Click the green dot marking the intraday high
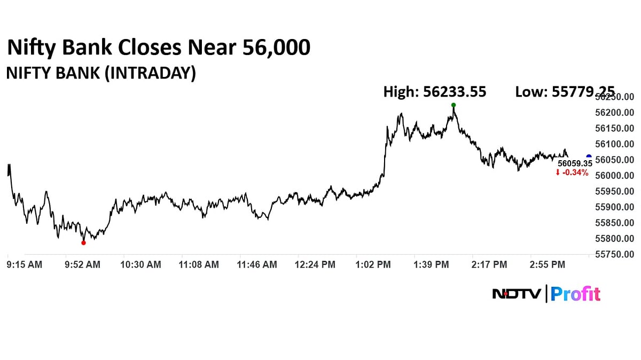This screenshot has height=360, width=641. point(454,105)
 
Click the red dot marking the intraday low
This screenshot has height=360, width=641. point(83,242)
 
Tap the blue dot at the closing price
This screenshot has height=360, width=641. point(589,156)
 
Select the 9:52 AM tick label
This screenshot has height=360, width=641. point(82,264)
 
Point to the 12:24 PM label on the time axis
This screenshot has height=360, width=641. point(316,264)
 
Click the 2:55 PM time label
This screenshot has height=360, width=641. point(546,264)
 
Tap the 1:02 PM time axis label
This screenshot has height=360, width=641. point(373,264)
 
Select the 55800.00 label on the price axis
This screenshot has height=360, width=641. point(615,239)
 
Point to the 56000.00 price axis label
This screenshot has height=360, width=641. point(615,176)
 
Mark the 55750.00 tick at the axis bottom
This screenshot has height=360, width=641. point(615,255)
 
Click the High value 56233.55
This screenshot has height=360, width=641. point(455,92)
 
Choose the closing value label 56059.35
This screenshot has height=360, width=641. point(575,164)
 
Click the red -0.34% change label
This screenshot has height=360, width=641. point(573,173)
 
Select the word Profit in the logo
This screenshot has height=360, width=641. point(575,294)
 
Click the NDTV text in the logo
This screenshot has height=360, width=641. point(516,294)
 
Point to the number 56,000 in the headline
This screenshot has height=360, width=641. point(276,48)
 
